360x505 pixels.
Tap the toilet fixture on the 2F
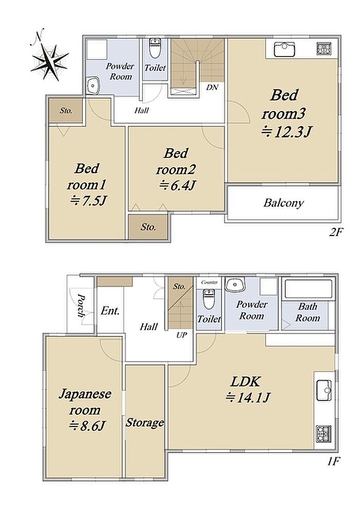(155, 48)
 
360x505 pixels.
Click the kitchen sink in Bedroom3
(284, 49)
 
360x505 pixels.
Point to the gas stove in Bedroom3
(325, 49)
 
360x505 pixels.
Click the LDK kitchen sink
(324, 390)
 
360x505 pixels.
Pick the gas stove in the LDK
(323, 434)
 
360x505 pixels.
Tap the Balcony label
(283, 203)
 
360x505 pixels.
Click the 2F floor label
(335, 232)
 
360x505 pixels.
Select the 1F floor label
(333, 462)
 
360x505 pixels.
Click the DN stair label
(212, 87)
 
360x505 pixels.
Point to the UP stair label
(182, 335)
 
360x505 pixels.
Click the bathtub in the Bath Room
(308, 289)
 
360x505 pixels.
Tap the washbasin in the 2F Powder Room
(93, 86)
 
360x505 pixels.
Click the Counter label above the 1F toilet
(209, 282)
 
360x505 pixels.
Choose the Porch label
(81, 305)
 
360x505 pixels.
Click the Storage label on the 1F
(145, 422)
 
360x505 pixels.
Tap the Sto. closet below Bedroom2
(149, 227)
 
